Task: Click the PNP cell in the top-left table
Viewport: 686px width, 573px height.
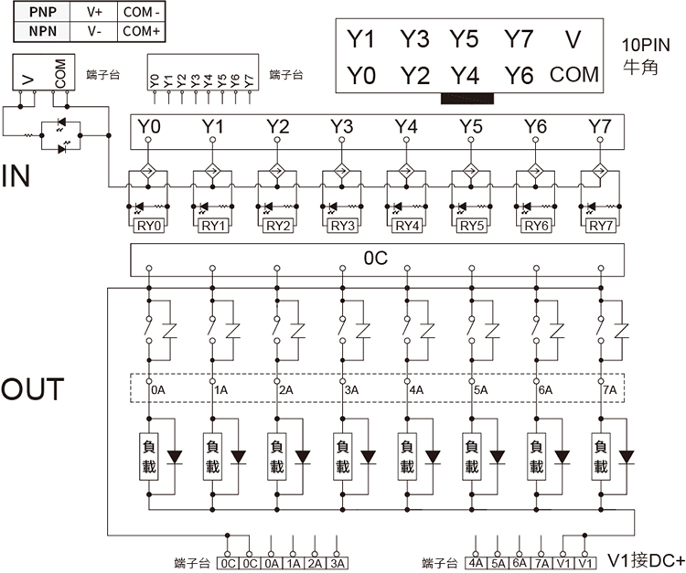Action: [42, 12]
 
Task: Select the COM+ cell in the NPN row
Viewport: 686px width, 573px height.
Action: [141, 31]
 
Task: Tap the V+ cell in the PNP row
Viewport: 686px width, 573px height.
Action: [93, 12]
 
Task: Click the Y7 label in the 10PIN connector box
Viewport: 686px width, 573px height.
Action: [519, 39]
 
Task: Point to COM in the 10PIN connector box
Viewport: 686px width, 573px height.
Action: [574, 75]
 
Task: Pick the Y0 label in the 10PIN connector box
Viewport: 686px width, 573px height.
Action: [361, 75]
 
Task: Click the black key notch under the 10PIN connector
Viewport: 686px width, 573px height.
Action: [467, 99]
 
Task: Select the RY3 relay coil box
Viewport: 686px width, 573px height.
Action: [343, 226]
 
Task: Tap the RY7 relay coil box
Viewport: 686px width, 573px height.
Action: [601, 226]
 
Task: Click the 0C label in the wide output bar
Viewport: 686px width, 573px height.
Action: [376, 259]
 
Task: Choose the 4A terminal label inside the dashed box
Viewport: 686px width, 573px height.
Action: [416, 390]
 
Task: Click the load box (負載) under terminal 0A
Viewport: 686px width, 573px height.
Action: [149, 457]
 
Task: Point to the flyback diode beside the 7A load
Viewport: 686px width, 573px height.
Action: [627, 457]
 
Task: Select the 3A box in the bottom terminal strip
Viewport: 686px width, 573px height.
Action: [337, 563]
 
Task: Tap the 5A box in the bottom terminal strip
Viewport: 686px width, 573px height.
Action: [498, 563]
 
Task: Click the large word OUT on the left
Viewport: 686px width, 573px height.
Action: [32, 389]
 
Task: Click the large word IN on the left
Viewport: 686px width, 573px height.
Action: [16, 176]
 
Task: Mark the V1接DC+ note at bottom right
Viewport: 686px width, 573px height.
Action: [646, 560]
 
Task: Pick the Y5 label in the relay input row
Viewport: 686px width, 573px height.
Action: [471, 126]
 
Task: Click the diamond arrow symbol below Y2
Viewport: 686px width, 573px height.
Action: [277, 170]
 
